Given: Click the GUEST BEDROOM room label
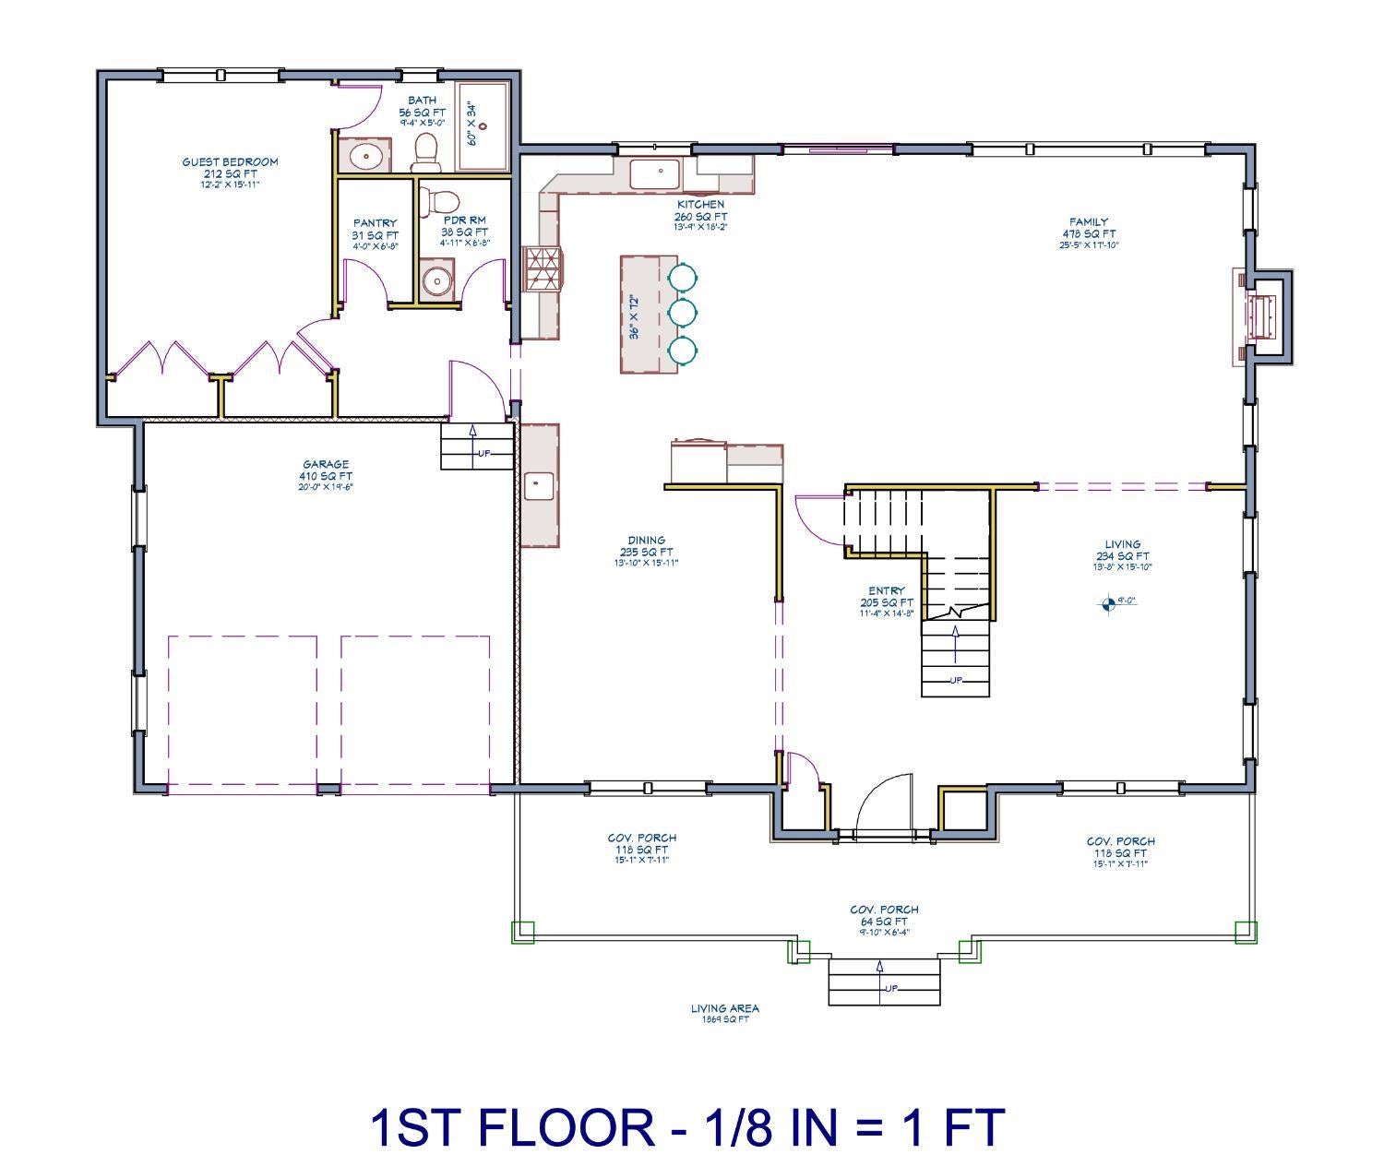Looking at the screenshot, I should click(x=230, y=162).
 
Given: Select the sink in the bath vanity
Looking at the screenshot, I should click(x=366, y=156).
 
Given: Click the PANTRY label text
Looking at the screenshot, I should click(x=375, y=223).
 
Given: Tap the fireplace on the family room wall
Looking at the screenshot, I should click(x=1263, y=316).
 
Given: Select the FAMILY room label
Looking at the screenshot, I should click(x=1089, y=222).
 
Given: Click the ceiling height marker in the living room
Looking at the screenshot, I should click(x=1108, y=604).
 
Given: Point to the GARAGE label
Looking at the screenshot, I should click(x=326, y=465).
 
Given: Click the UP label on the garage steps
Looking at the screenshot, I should click(x=483, y=453).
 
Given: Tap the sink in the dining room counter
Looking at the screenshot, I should click(x=539, y=484).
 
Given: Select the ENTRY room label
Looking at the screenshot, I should click(x=887, y=590).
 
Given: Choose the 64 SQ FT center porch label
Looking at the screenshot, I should click(x=884, y=921).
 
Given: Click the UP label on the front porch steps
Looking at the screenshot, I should click(x=891, y=989).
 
